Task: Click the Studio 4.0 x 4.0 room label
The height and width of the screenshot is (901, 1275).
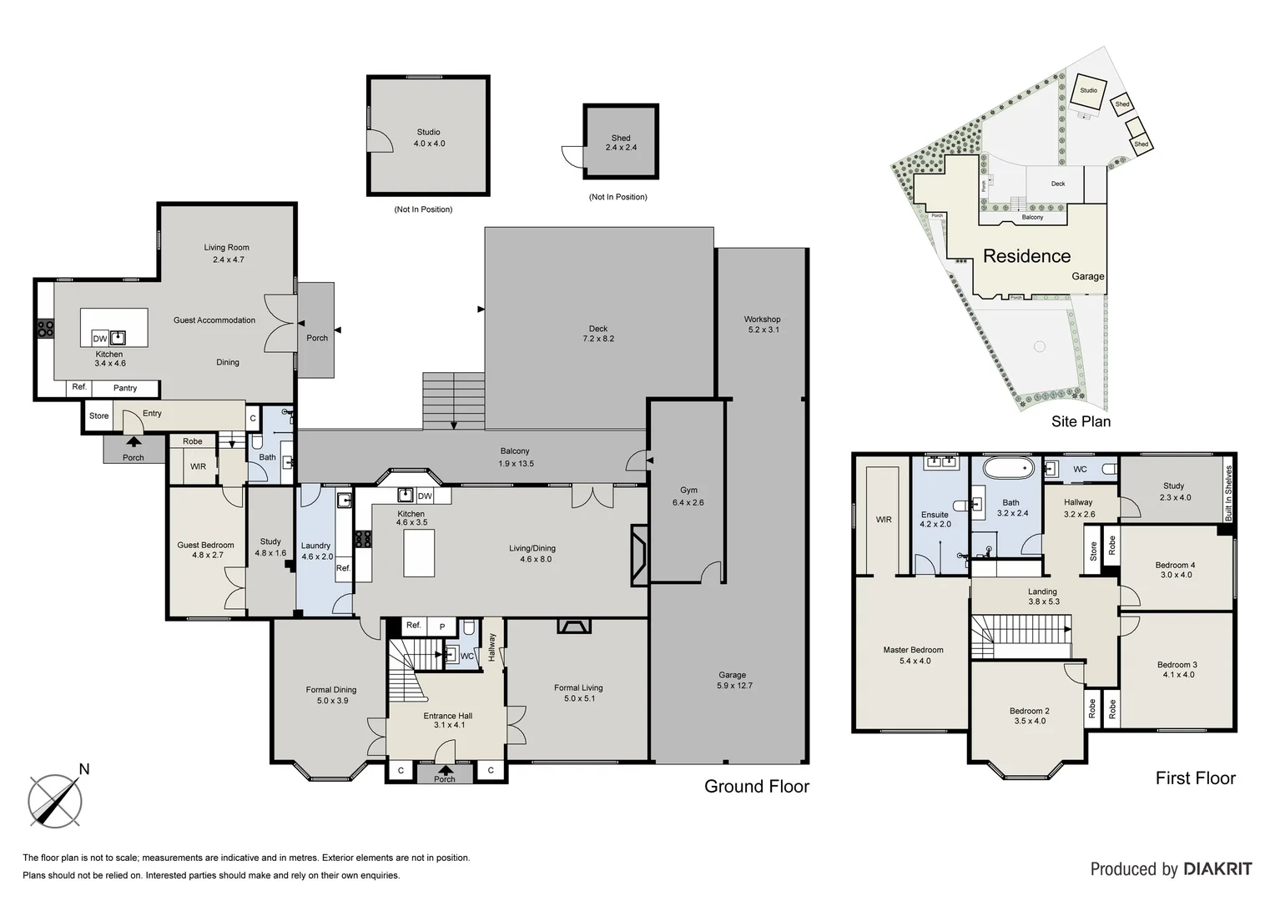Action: point(429,138)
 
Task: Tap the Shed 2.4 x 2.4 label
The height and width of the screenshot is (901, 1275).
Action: point(621,143)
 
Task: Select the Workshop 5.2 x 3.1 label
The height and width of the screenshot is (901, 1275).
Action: point(762,325)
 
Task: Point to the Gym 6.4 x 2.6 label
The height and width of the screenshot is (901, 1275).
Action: point(688,496)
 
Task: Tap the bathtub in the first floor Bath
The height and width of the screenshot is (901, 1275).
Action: point(1009,468)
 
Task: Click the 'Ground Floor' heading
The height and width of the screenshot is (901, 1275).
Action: point(757,786)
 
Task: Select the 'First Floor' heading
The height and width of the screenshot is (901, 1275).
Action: point(1195,778)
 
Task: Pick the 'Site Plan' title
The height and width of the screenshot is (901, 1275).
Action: point(1081,421)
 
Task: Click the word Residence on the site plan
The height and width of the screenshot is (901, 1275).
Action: point(1027,256)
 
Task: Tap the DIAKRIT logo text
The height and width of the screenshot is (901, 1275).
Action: point(1218,869)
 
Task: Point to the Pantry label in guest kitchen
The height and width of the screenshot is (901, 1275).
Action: point(125,388)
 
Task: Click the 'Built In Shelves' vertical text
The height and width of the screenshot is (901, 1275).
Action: point(1228,494)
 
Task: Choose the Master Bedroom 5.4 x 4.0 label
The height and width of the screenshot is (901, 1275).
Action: point(914,655)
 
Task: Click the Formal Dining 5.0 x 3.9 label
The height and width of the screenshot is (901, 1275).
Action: point(331,695)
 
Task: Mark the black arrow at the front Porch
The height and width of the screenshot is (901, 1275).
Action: point(445,770)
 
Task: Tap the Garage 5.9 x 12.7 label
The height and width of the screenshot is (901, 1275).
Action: point(734,680)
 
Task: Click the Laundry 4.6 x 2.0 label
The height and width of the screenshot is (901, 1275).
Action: point(317,551)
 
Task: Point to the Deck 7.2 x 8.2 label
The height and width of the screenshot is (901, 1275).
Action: point(598,334)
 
